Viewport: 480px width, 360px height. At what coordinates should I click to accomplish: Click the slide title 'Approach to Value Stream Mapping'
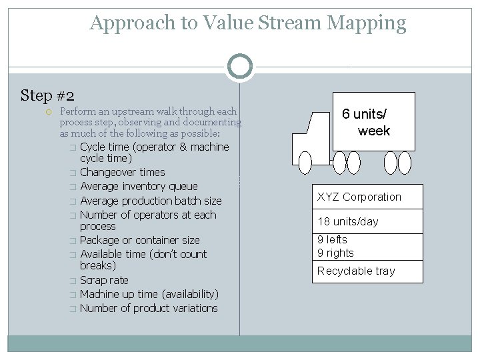(x=248, y=23)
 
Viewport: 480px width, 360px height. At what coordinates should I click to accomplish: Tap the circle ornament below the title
(x=240, y=66)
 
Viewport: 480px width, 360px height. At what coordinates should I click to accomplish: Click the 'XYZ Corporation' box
(x=367, y=197)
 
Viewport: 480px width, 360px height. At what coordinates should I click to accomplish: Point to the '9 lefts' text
(x=332, y=239)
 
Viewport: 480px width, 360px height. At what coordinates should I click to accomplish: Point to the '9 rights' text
(x=335, y=253)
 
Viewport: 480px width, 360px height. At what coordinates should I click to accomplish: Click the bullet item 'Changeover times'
(x=122, y=172)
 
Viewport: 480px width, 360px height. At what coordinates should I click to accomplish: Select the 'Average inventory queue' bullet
(x=139, y=186)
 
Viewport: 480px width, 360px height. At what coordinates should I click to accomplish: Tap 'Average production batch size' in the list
(x=151, y=201)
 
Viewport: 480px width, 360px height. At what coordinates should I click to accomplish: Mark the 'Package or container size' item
(x=139, y=240)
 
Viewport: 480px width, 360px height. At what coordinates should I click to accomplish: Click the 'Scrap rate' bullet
(x=104, y=280)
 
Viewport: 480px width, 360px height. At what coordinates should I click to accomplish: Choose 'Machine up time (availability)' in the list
(x=149, y=294)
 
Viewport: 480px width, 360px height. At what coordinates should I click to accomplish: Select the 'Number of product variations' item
(x=149, y=308)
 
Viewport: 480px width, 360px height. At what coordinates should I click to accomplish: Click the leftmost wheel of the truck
(x=305, y=162)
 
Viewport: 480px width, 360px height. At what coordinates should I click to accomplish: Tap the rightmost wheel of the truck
(x=405, y=162)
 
